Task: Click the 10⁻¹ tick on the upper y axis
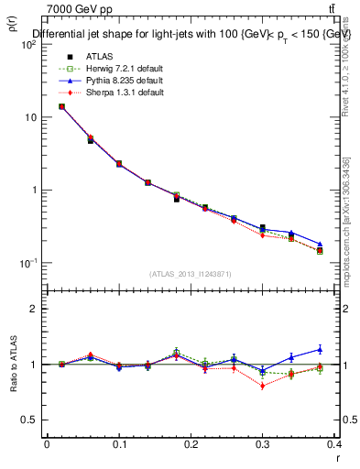point(31,263)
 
